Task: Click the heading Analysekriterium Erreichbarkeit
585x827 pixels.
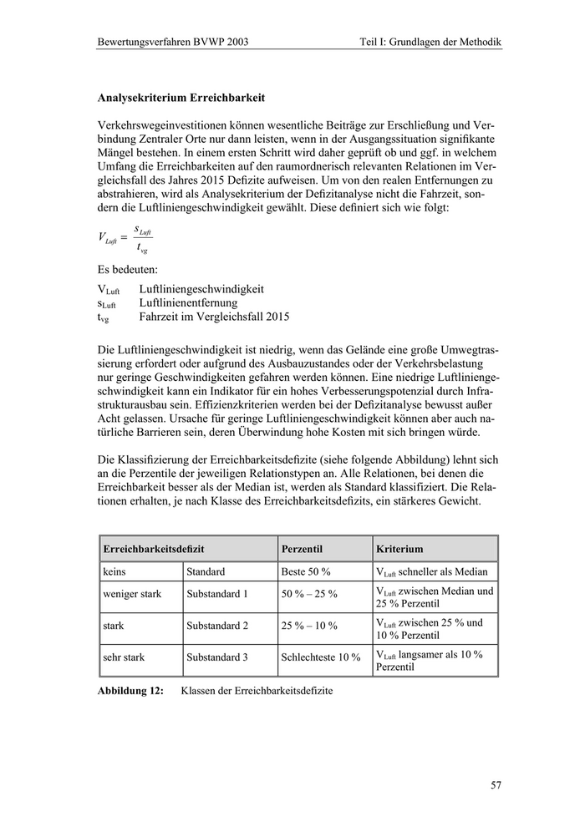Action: (181, 98)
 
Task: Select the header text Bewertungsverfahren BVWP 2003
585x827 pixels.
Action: (173, 41)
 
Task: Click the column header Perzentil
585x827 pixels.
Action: (303, 549)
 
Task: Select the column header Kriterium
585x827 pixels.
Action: (399, 549)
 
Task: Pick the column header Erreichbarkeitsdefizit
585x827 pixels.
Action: (154, 549)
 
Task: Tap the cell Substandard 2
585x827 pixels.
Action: (217, 625)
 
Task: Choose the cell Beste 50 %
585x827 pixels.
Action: (306, 572)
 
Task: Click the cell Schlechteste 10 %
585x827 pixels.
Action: (321, 657)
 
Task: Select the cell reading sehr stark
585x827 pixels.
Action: (124, 657)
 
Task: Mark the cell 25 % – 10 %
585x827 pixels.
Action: (309, 625)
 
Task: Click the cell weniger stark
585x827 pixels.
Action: (132, 594)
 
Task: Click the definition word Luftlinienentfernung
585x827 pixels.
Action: (188, 303)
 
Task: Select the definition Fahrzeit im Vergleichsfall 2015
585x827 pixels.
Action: (214, 318)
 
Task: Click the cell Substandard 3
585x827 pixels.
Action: (217, 657)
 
